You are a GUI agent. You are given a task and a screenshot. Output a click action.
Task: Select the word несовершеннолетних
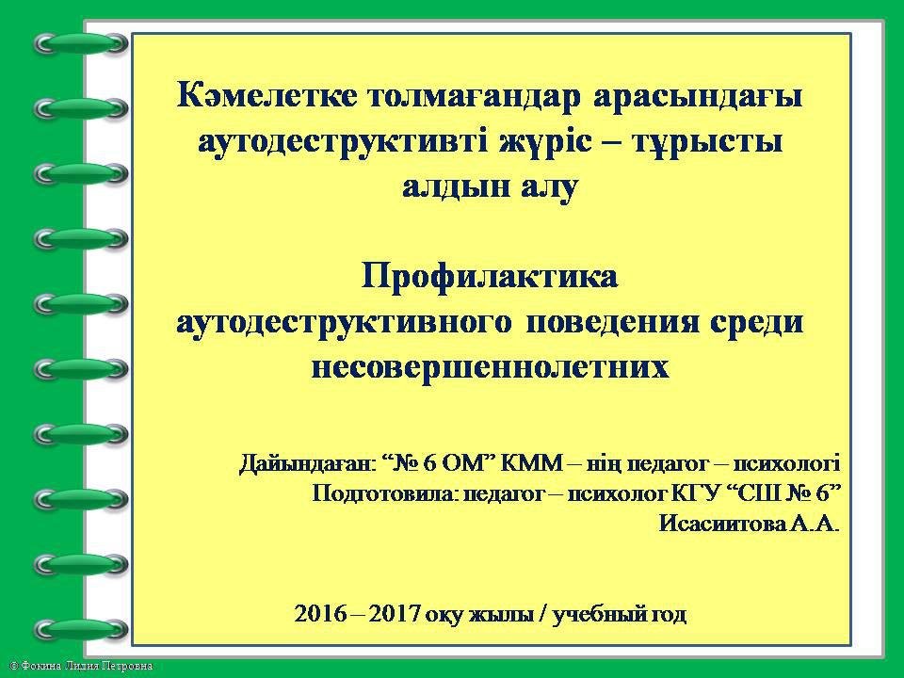(490, 366)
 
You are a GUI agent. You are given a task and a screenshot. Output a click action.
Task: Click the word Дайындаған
(307, 464)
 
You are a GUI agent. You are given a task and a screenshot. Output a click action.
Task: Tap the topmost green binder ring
(81, 44)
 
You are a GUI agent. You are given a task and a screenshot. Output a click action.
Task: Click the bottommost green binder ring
(81, 630)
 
